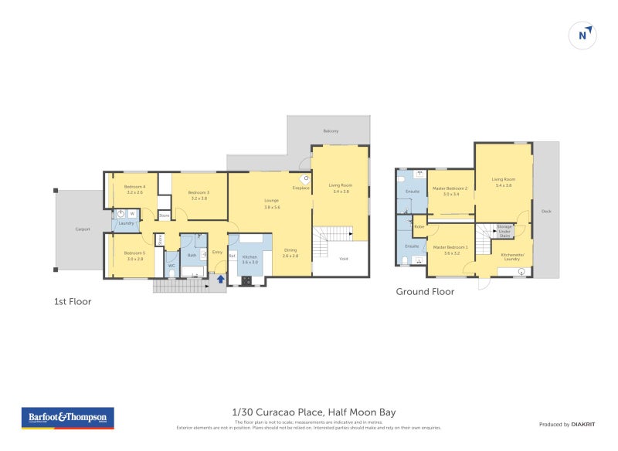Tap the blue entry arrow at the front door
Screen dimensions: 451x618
tap(221, 280)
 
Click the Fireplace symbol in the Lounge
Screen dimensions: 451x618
tap(304, 178)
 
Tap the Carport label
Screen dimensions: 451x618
tap(83, 229)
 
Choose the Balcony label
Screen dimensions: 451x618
tap(331, 131)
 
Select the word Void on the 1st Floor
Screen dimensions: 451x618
tap(344, 259)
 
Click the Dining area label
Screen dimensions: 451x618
tap(290, 252)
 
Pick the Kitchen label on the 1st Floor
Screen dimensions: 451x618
tap(250, 259)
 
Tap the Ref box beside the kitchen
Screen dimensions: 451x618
tap(232, 256)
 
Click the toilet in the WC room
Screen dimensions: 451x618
tap(171, 272)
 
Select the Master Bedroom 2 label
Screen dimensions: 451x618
tap(450, 191)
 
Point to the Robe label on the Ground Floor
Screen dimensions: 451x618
tap(418, 226)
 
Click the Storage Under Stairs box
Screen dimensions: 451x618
tap(504, 229)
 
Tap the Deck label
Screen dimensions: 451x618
tap(546, 211)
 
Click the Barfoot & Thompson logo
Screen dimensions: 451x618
tap(67, 418)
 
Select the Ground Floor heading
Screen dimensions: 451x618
tap(425, 292)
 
